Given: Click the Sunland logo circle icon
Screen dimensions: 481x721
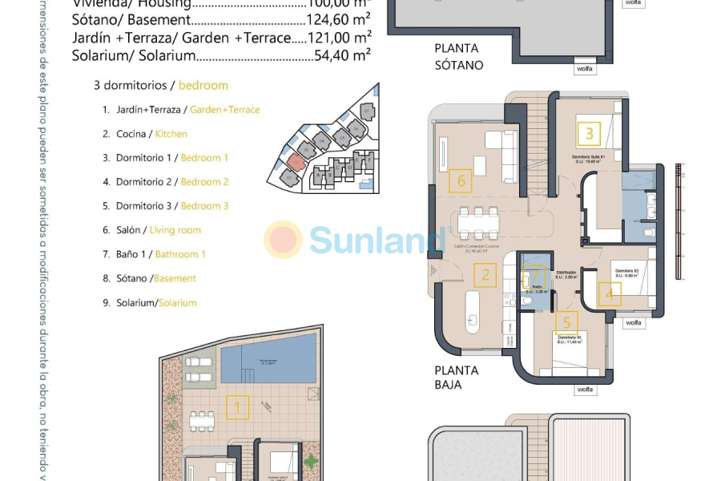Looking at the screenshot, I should (x=283, y=240).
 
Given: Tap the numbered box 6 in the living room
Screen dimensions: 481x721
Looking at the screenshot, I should (x=461, y=181).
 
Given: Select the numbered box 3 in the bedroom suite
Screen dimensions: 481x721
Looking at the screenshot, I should (x=590, y=134).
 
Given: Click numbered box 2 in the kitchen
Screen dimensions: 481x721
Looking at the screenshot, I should (x=485, y=277).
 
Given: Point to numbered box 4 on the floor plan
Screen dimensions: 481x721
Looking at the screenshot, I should (x=609, y=293).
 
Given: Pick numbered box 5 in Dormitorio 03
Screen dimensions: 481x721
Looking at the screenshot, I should (x=566, y=322).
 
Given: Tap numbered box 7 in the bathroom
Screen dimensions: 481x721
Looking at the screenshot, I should (x=532, y=278).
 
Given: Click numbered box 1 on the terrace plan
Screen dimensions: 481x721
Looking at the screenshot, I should (x=237, y=408).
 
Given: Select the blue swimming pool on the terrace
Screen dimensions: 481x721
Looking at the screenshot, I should (x=268, y=358).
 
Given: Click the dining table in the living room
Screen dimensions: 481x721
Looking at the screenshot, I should (x=478, y=220).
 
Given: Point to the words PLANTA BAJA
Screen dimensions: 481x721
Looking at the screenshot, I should (x=457, y=378).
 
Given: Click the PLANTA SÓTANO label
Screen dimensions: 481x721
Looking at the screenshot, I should (x=458, y=56).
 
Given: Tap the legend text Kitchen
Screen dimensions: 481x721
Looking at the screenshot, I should (x=171, y=134).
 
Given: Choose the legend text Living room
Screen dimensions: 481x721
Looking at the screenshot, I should (x=175, y=230).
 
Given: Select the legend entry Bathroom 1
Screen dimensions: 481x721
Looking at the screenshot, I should (x=180, y=254).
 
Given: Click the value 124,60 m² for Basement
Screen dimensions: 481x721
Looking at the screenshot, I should (x=338, y=20).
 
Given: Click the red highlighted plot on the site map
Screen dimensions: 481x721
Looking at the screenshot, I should (x=296, y=162).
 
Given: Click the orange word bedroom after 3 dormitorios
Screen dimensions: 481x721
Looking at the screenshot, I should (x=203, y=85).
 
